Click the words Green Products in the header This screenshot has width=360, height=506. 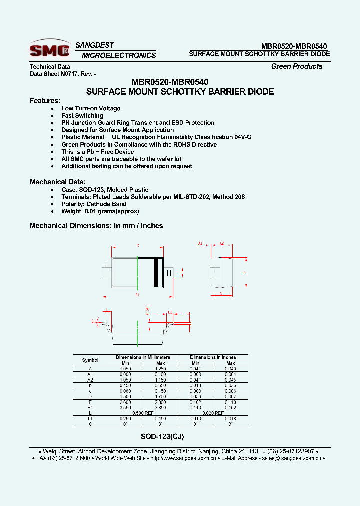tap(297, 66)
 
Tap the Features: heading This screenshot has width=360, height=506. tap(45, 100)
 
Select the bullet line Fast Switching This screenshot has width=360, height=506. tap(82, 115)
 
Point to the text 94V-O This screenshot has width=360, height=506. tap(242, 137)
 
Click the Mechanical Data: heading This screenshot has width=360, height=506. tap(58, 182)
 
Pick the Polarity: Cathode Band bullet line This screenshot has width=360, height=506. tap(94, 204)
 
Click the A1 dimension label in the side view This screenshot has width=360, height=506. tap(200, 244)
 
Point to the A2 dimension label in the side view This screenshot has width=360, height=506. tap(222, 244)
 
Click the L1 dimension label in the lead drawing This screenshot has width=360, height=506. tap(170, 312)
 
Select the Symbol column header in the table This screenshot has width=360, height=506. tap(90, 360)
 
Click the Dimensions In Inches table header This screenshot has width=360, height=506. tap(213, 357)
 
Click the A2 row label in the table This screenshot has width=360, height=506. tap(90, 380)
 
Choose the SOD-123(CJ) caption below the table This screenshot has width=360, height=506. tap(162, 436)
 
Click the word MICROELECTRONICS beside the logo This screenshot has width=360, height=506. tap(119, 55)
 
